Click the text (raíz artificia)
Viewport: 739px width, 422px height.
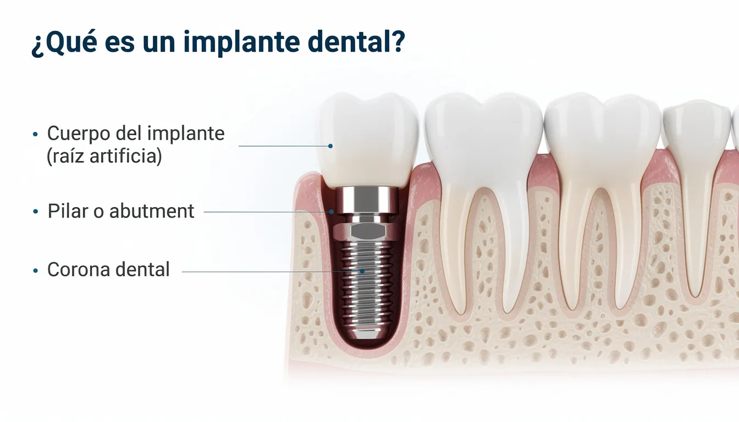(104, 157)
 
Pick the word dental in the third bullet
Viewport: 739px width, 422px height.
(142, 270)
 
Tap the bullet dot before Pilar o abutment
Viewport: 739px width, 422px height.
(36, 212)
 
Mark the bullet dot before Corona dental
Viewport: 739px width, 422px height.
(36, 270)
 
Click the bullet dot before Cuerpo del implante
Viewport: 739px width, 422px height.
(36, 134)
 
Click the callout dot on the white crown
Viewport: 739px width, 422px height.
(330, 146)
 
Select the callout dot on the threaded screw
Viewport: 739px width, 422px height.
(362, 271)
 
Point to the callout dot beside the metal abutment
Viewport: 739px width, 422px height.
(332, 212)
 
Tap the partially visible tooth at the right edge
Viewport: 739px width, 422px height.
(736, 132)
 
